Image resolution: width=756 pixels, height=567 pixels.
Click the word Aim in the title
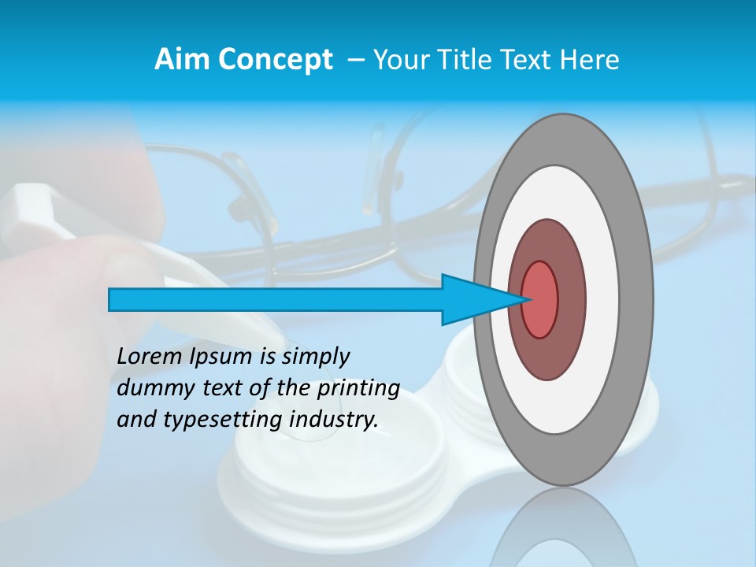181,60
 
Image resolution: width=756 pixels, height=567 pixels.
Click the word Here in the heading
590,60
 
